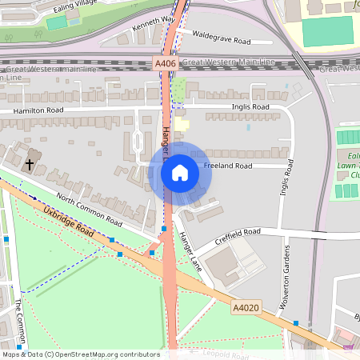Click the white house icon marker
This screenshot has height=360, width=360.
pyautogui.click(x=180, y=172)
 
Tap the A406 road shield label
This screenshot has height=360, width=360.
pyautogui.click(x=166, y=62)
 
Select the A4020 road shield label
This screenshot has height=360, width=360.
pyautogui.click(x=245, y=306)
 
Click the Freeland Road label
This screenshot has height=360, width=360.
pyautogui.click(x=228, y=166)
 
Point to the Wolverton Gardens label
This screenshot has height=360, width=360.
pyautogui.click(x=286, y=277)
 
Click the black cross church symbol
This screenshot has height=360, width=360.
pyautogui.click(x=30, y=164)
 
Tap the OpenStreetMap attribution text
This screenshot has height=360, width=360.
pyautogui.click(x=81, y=354)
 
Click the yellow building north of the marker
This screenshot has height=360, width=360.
pyautogui.click(x=183, y=124)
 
